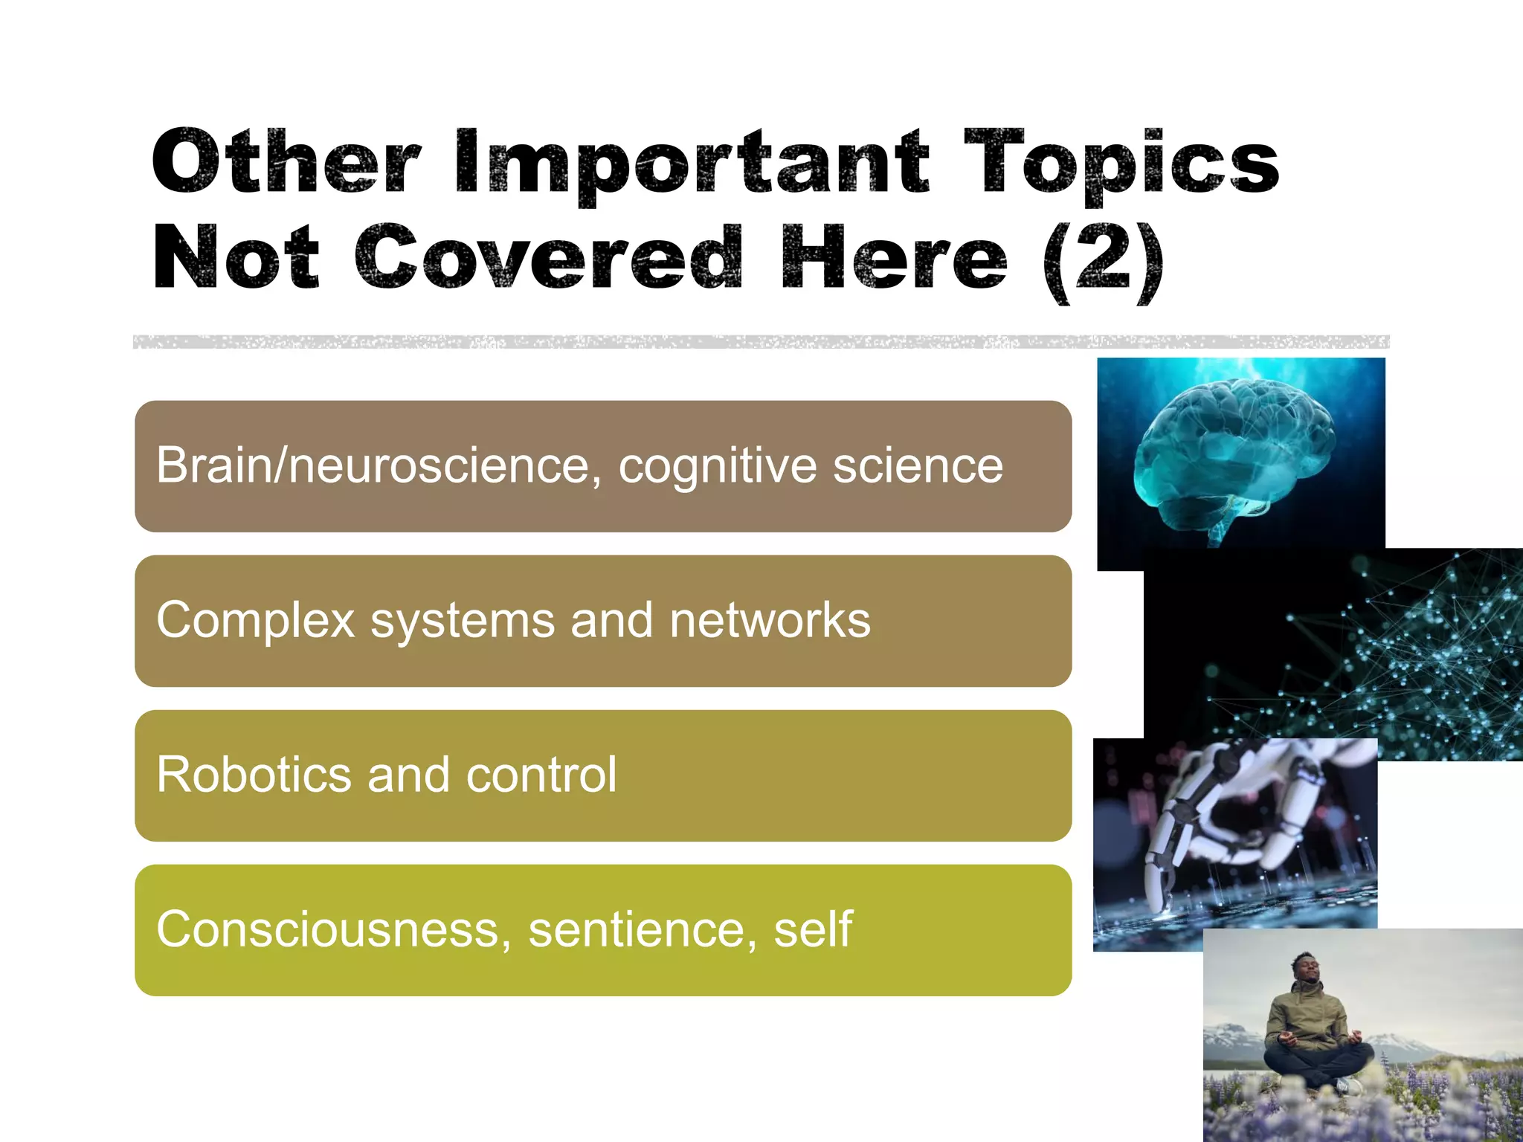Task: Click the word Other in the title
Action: click(287, 162)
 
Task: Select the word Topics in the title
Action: click(1121, 164)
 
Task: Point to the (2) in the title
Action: click(1103, 259)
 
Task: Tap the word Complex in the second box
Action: click(256, 621)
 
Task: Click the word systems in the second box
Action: click(462, 621)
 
